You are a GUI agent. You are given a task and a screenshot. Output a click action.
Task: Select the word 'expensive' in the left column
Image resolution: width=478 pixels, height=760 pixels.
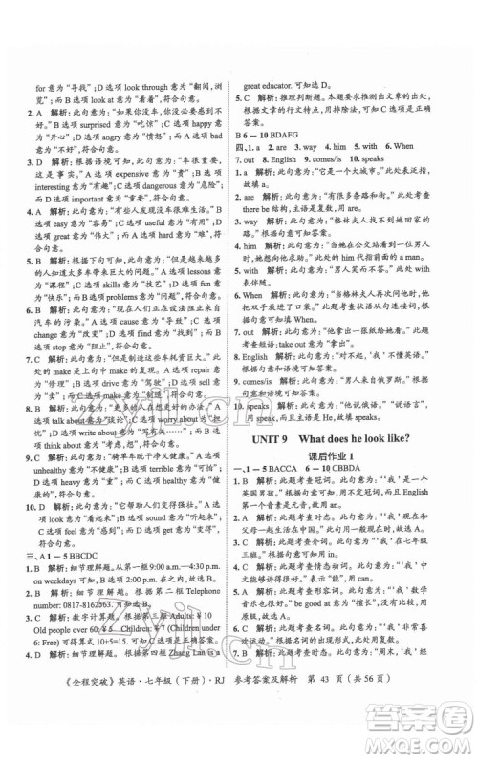tap(146, 177)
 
